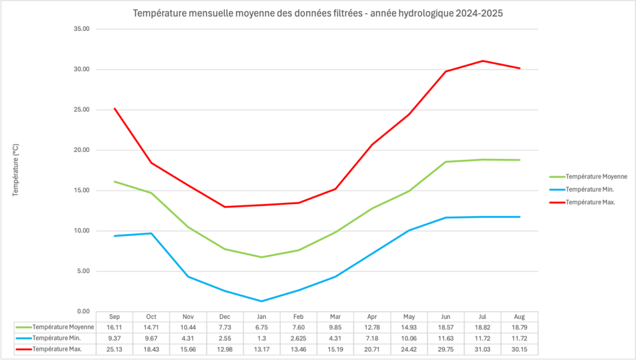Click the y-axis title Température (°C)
[16, 169]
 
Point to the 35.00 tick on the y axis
[81, 29]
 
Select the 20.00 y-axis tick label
[81, 150]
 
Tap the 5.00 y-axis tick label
[83, 271]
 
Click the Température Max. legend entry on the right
[590, 202]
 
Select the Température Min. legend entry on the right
[589, 189]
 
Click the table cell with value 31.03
[483, 349]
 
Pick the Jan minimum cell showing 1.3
[261, 338]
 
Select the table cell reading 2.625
[298, 338]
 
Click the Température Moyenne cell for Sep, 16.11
[114, 327]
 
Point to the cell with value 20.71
[372, 349]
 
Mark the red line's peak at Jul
[483, 61]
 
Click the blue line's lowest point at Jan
[261, 301]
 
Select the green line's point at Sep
[114, 181]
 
